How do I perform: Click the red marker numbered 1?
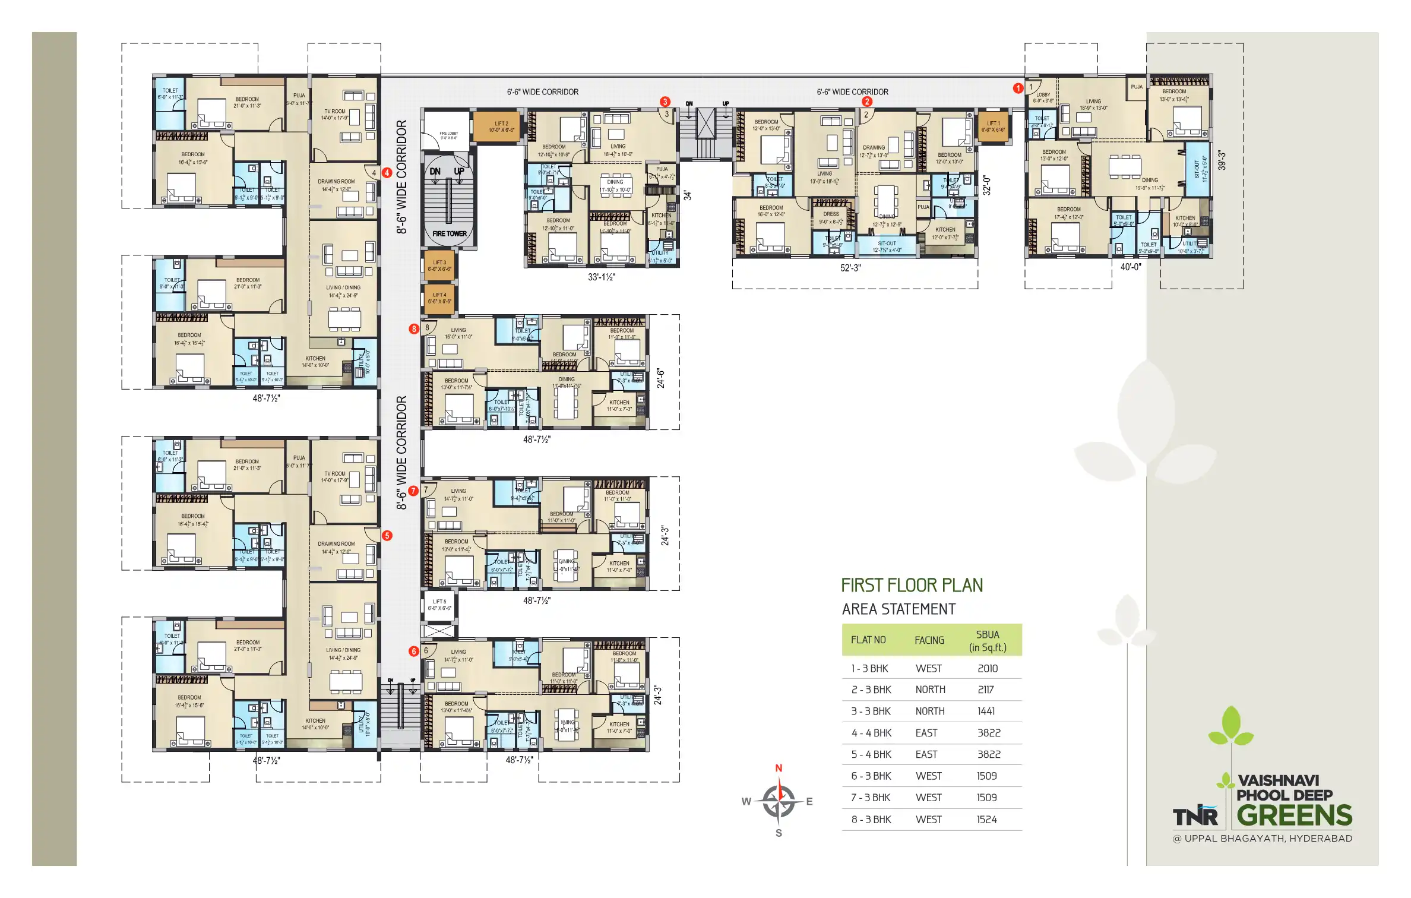(1018, 88)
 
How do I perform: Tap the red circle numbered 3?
(665, 102)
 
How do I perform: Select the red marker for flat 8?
(414, 328)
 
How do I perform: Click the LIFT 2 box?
(501, 127)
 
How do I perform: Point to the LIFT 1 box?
(993, 127)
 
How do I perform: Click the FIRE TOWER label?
(449, 233)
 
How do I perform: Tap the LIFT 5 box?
(439, 605)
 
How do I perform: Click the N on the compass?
(779, 768)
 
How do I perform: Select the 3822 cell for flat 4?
(989, 733)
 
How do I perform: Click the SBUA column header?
(988, 640)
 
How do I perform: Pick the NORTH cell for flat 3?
(930, 711)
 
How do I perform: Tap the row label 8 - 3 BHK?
(871, 820)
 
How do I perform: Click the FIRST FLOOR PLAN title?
(912, 585)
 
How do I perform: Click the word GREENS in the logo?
(1295, 815)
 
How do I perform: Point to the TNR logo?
(1195, 817)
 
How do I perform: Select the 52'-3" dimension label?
(850, 268)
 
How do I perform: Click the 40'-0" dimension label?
(1131, 267)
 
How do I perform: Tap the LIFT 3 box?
(439, 265)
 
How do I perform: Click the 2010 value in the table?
(988, 668)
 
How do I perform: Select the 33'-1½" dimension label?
(602, 277)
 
